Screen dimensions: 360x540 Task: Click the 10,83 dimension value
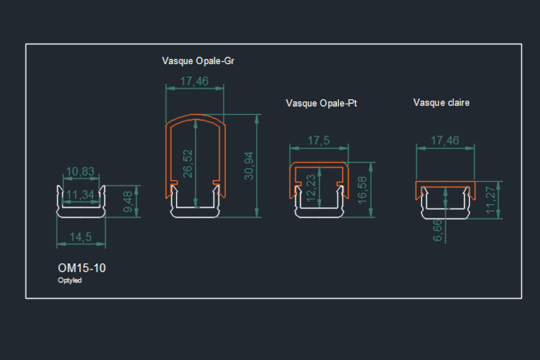click(x=80, y=172)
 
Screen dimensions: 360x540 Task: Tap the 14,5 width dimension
click(x=80, y=237)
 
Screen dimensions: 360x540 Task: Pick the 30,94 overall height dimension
click(x=249, y=165)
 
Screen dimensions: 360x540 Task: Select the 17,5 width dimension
click(x=318, y=141)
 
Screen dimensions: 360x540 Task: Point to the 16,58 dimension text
click(x=362, y=190)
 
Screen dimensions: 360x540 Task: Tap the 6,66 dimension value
click(x=437, y=229)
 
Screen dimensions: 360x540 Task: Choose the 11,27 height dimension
click(x=491, y=200)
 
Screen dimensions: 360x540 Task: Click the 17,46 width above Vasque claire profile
click(x=445, y=140)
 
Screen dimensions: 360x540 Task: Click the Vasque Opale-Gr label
click(x=198, y=61)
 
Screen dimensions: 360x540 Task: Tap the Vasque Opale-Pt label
click(x=321, y=103)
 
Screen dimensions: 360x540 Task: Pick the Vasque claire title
click(x=441, y=103)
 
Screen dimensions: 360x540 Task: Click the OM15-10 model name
click(x=82, y=268)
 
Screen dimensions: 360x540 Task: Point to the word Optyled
click(x=70, y=280)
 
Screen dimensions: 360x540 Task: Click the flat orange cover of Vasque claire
click(x=445, y=184)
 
